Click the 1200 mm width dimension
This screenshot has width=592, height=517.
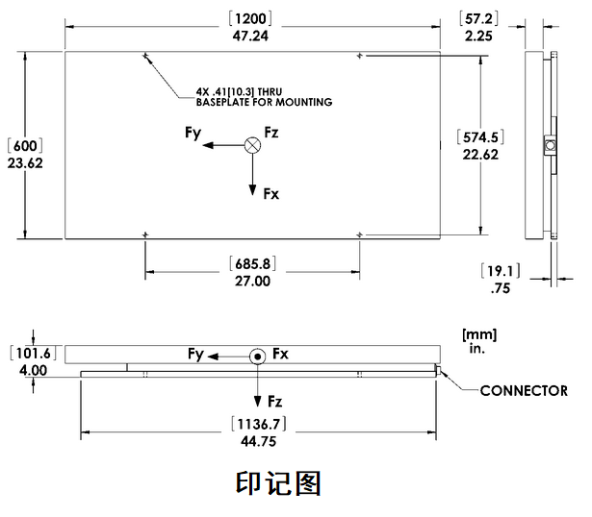coord(252,18)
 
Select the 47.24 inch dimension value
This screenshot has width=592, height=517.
coord(252,36)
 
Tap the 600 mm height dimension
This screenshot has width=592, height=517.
coord(25,146)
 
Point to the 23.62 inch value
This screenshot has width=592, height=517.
coord(25,163)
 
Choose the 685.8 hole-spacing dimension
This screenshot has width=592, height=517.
coord(251,263)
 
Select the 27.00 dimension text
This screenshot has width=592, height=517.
coord(251,282)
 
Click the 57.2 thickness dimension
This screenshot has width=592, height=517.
coord(479,18)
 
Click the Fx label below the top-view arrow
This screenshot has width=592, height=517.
coord(271,193)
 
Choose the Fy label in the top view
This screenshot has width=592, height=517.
coord(193,135)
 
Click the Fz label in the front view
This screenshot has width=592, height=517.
coord(275,400)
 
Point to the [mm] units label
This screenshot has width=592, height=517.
coord(478,333)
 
